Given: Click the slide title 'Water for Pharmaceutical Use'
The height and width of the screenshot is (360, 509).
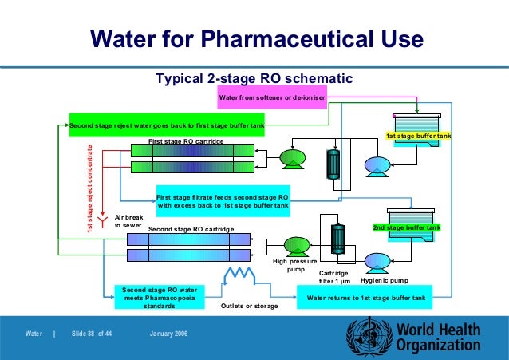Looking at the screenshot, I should click(255, 38).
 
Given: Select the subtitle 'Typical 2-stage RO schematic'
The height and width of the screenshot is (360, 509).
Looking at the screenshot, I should click(253, 78).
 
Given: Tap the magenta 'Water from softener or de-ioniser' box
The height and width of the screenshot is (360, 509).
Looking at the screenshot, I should click(270, 98).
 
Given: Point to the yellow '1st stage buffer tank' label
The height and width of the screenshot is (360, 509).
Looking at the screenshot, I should click(419, 136).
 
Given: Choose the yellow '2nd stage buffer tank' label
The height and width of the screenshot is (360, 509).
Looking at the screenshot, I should click(406, 228).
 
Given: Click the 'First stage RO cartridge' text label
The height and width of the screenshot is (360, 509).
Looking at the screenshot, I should click(186, 140).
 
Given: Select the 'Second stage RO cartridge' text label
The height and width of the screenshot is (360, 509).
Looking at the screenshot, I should click(191, 229).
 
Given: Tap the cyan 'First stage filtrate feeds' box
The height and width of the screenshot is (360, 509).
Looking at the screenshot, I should click(223, 200).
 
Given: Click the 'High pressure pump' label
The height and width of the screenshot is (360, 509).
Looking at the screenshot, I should click(295, 265).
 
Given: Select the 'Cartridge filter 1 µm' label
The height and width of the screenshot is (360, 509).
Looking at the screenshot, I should click(334, 277).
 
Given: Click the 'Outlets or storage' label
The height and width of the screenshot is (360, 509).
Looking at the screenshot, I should click(248, 305).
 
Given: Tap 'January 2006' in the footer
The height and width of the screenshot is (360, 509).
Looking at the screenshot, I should click(168, 333).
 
